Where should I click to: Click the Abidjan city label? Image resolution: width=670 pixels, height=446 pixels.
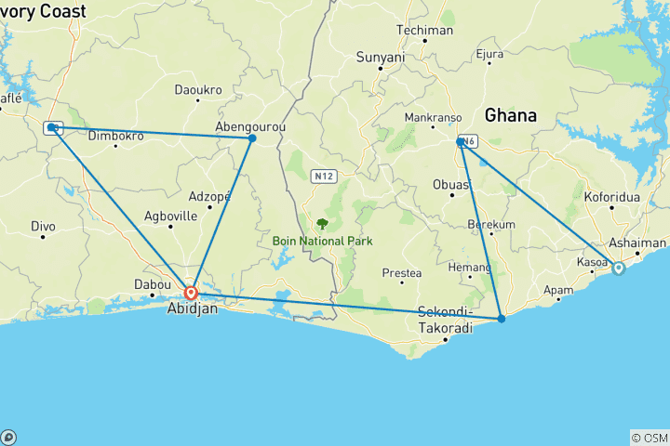(x=193, y=309)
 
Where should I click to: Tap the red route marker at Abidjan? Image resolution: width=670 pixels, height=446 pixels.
(x=191, y=294)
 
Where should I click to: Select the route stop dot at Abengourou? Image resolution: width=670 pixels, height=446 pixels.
(x=251, y=138)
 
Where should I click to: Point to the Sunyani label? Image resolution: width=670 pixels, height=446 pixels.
(x=381, y=58)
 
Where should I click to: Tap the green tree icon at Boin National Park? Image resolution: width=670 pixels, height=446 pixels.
(x=322, y=223)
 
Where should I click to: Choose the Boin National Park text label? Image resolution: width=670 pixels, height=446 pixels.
(x=322, y=241)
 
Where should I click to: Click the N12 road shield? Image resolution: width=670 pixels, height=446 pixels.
(x=324, y=175)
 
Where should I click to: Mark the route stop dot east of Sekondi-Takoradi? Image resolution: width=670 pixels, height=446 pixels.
(x=502, y=319)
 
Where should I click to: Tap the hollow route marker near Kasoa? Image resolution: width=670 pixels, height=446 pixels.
(x=618, y=269)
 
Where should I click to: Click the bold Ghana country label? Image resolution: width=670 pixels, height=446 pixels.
(x=511, y=116)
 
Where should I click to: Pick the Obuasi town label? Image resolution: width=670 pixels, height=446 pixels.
(x=452, y=184)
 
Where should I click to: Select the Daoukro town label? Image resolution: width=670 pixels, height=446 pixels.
(x=199, y=90)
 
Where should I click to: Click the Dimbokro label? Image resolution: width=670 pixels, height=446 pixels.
(x=115, y=136)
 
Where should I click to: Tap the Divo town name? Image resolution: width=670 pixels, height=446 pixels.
(x=43, y=226)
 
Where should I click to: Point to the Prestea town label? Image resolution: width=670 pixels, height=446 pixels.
(x=402, y=273)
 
